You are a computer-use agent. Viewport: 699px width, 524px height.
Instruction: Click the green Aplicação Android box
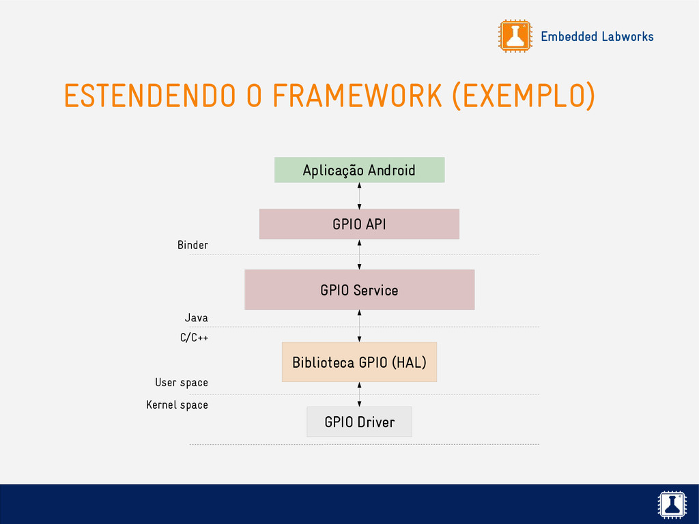pyautogui.click(x=359, y=170)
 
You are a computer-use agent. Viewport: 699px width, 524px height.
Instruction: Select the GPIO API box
pyautogui.click(x=359, y=224)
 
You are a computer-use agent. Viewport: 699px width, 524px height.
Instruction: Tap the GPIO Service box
pyautogui.click(x=359, y=289)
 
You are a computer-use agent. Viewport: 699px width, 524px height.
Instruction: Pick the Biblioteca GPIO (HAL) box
pyautogui.click(x=359, y=362)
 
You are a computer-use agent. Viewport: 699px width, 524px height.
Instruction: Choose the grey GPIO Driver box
pyautogui.click(x=359, y=422)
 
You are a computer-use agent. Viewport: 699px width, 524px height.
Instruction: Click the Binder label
pyautogui.click(x=192, y=245)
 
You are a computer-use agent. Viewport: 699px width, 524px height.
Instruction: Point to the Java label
pyautogui.click(x=196, y=318)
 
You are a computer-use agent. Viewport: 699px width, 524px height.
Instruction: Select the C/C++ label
pyautogui.click(x=194, y=338)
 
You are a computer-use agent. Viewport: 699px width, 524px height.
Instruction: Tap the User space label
pyautogui.click(x=182, y=383)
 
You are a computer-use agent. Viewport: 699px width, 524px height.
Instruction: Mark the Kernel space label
pyautogui.click(x=177, y=405)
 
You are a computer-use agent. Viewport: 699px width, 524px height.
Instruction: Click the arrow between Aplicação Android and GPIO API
pyautogui.click(x=359, y=196)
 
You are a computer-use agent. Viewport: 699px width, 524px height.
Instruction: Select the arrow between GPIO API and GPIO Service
pyautogui.click(x=359, y=255)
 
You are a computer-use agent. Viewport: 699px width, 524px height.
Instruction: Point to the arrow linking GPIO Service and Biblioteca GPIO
pyautogui.click(x=359, y=325)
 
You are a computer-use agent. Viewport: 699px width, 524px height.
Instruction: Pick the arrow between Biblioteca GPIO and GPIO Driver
pyautogui.click(x=359, y=394)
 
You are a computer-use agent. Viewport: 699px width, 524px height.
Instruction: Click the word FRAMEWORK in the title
pyautogui.click(x=357, y=96)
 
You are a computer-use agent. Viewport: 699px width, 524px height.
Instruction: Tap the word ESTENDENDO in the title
pyautogui.click(x=150, y=96)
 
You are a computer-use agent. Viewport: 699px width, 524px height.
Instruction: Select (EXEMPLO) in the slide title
pyautogui.click(x=524, y=96)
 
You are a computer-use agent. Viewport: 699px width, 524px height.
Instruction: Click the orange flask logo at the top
pyautogui.click(x=515, y=36)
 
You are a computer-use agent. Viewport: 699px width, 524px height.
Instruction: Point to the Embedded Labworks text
pyautogui.click(x=597, y=37)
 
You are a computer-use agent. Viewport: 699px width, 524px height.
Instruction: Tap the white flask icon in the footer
pyautogui.click(x=672, y=504)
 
